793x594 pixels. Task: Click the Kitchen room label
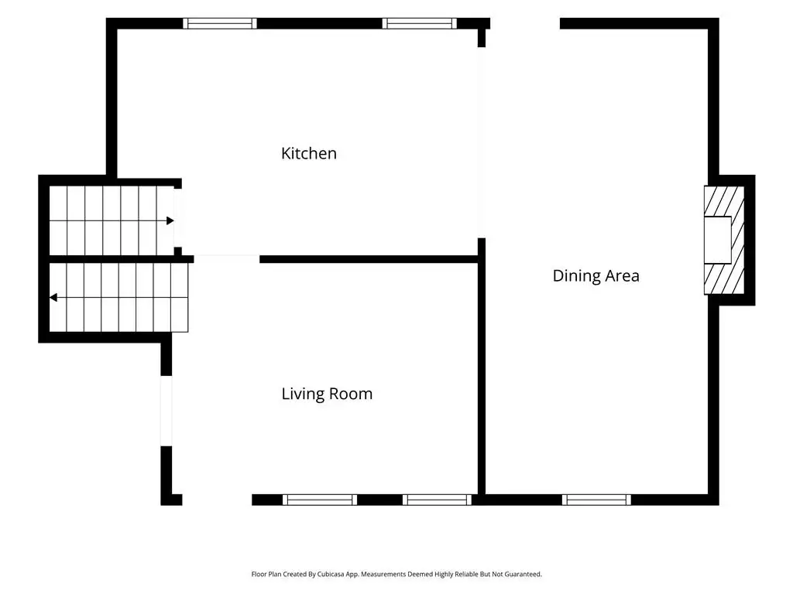[x=308, y=153]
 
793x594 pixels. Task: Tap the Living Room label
[x=327, y=394]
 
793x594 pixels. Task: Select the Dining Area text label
[x=596, y=276]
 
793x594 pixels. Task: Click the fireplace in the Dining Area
[x=724, y=240]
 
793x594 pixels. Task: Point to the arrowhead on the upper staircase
[x=170, y=220]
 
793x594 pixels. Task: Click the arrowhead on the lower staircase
[x=53, y=298]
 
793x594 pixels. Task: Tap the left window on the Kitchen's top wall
[x=219, y=23]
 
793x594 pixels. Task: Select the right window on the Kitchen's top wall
[x=419, y=23]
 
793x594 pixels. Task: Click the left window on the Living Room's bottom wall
[x=320, y=500]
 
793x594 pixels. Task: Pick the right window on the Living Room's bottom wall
[x=437, y=500]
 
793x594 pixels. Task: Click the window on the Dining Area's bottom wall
[x=596, y=500]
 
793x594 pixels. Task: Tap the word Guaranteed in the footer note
[x=524, y=575]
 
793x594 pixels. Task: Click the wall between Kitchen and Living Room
[x=369, y=259]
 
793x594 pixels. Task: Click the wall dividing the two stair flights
[x=121, y=259]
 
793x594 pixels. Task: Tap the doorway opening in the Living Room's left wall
[x=166, y=411]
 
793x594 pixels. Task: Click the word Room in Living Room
[x=350, y=394]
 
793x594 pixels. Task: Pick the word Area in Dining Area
[x=622, y=276]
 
